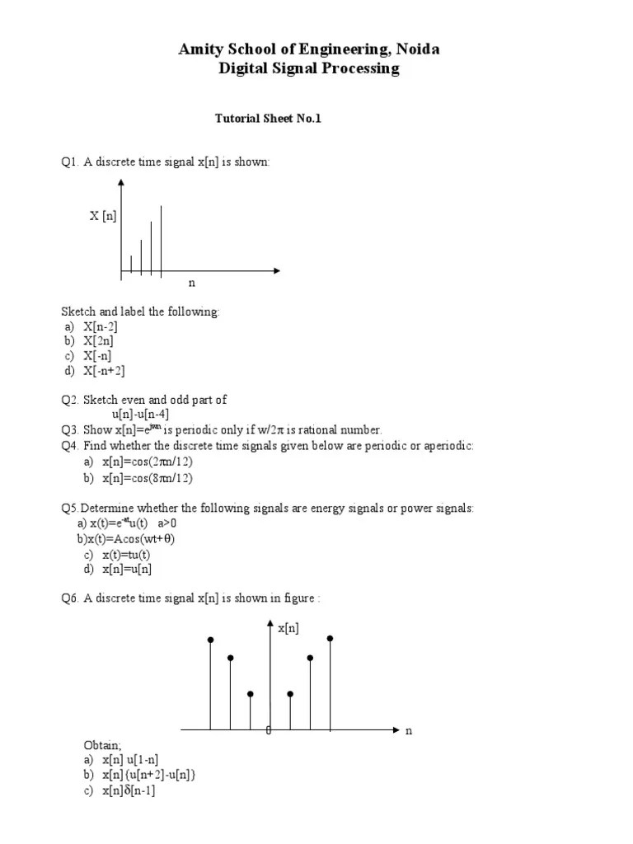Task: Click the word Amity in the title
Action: pyautogui.click(x=199, y=49)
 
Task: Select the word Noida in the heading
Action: pyautogui.click(x=419, y=49)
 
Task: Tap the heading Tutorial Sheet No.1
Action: pyautogui.click(x=268, y=119)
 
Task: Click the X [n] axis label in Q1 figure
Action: pyautogui.click(x=103, y=216)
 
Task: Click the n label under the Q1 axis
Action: pyautogui.click(x=192, y=283)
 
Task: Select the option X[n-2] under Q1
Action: pyautogui.click(x=100, y=326)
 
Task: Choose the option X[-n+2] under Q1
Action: pyautogui.click(x=104, y=371)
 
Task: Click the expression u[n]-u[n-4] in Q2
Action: pyautogui.click(x=140, y=415)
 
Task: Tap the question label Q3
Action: pyautogui.click(x=69, y=429)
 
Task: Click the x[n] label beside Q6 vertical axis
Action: pyautogui.click(x=288, y=628)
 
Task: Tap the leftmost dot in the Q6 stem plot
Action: pyautogui.click(x=211, y=640)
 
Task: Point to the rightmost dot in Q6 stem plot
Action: pyautogui.click(x=331, y=638)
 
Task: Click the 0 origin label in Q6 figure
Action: pyautogui.click(x=268, y=731)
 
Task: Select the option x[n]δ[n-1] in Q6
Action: pyautogui.click(x=129, y=790)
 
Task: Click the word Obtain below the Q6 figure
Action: pyautogui.click(x=102, y=745)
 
